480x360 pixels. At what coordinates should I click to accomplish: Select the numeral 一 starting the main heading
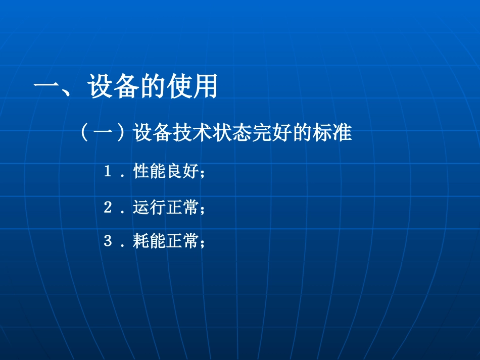coord(47,87)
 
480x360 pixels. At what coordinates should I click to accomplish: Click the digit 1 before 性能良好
coord(108,172)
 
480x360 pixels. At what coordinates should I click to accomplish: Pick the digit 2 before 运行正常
coord(108,207)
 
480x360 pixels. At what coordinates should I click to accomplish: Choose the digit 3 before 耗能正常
coord(108,242)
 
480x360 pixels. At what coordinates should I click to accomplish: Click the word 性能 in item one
coord(150,172)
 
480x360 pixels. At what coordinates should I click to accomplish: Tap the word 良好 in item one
coord(182,172)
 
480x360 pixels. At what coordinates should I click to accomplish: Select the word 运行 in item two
coord(150,207)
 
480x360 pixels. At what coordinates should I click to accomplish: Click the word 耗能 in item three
coord(150,242)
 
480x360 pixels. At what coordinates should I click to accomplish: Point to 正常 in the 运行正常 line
coord(182,207)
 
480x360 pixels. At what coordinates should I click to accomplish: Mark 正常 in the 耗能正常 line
coord(182,242)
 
